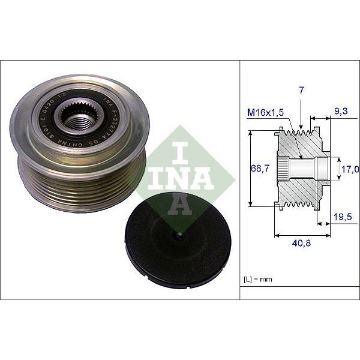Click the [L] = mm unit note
click(x=257, y=280)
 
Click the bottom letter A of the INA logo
click(x=178, y=205)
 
